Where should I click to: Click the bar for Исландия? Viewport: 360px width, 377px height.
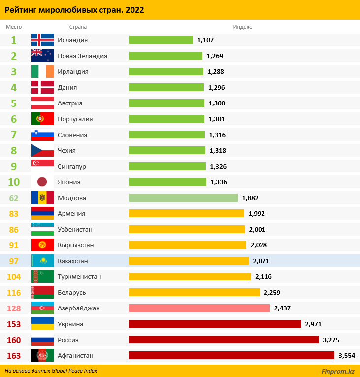161,40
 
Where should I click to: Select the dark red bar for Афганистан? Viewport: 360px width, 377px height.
231,355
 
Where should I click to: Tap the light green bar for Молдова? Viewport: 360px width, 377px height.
183,198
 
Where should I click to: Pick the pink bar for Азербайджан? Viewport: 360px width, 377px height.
199,308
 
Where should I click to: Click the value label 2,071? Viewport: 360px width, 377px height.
261,261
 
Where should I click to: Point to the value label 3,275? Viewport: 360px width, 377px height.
331,340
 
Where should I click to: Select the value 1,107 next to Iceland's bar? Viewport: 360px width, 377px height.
205,40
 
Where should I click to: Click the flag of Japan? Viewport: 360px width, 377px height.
42,182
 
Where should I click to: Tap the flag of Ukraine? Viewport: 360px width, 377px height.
42,324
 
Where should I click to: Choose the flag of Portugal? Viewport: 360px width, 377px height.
42,119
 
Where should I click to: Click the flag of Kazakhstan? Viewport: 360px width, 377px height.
42,261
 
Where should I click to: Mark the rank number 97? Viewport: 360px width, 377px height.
14,261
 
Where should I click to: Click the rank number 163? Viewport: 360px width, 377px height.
14,355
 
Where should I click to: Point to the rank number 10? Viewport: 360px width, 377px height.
14,182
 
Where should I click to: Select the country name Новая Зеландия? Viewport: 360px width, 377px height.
82,56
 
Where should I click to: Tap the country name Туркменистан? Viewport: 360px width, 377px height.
79,276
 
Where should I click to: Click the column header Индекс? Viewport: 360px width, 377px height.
242,27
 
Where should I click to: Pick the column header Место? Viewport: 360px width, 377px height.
13,27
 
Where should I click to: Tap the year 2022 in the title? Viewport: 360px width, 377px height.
135,10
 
